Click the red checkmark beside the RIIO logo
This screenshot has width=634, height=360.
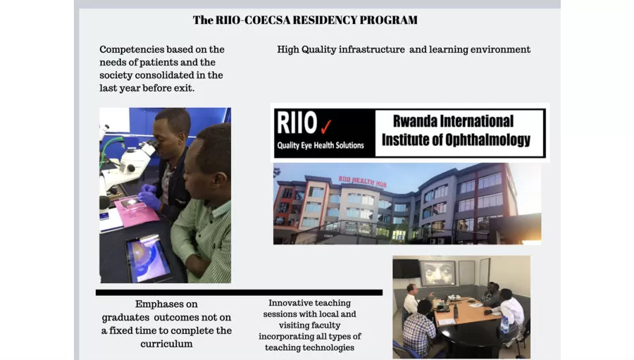[326, 127]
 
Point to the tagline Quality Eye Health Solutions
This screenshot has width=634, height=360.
[321, 145]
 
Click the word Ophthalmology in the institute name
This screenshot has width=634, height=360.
[487, 140]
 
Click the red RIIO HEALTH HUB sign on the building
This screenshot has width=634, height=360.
[362, 181]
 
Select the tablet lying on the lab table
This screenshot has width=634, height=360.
[149, 257]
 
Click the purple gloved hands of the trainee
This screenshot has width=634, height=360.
[148, 197]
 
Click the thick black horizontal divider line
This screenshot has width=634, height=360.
[239, 292]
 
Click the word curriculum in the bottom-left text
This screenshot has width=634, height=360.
[166, 344]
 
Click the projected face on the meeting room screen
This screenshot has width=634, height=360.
[437, 274]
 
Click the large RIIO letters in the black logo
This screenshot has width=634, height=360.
[297, 123]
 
